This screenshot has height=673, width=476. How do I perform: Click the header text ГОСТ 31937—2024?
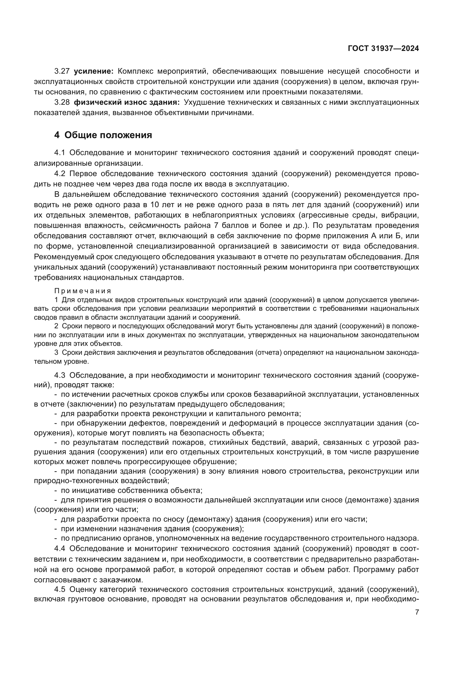point(383,49)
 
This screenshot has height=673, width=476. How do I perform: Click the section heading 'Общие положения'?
point(108,135)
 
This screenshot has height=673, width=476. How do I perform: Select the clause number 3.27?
point(62,71)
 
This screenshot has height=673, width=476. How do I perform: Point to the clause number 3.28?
point(62,102)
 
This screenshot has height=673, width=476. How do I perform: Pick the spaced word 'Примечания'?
point(83,291)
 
